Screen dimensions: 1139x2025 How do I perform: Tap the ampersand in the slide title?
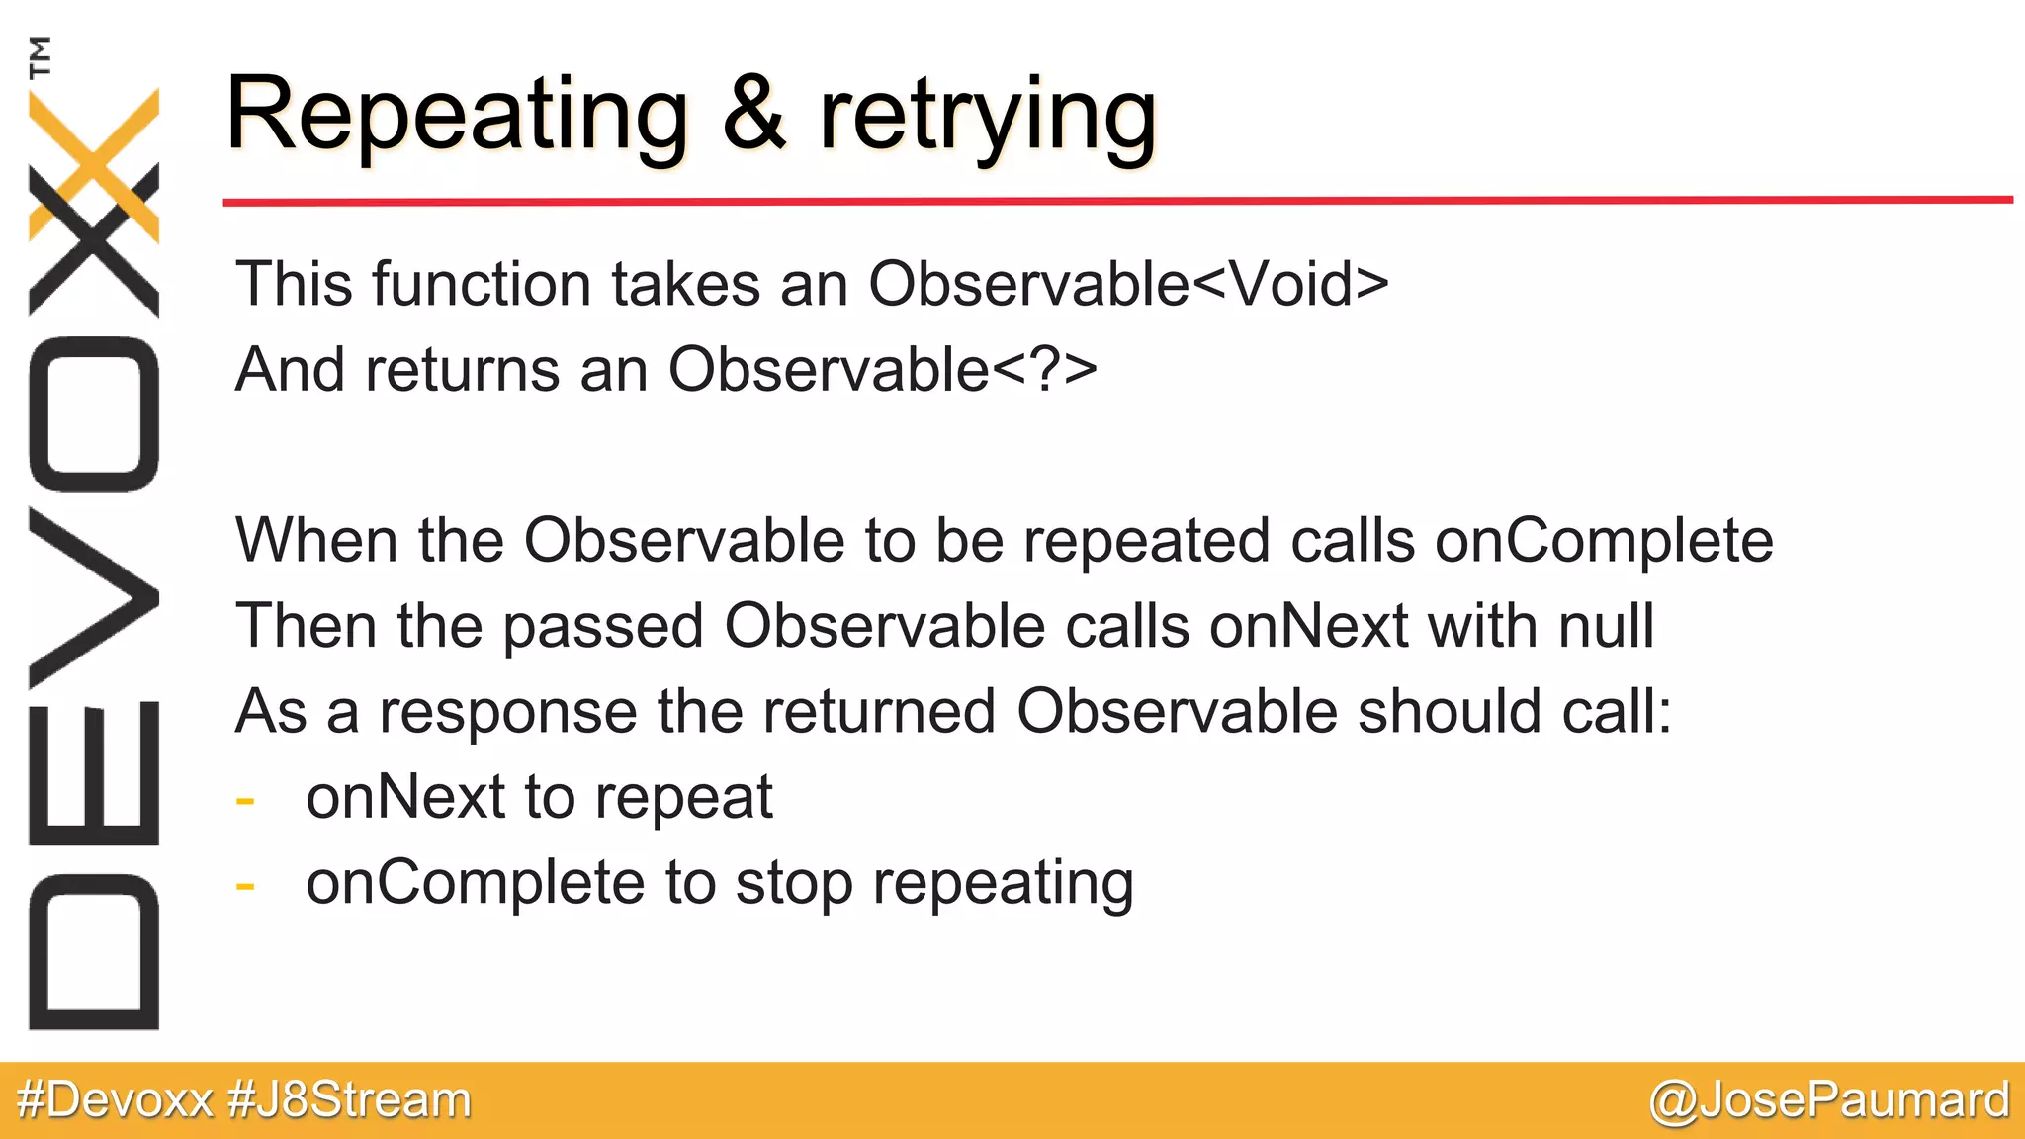[x=753, y=116]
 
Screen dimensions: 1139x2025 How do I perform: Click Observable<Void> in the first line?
[x=1128, y=284]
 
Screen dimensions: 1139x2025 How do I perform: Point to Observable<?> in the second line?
[x=882, y=370]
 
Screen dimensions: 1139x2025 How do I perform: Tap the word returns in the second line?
[x=463, y=370]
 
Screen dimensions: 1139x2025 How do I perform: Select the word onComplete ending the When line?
[x=1603, y=542]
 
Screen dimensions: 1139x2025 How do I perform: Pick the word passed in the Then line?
[x=604, y=628]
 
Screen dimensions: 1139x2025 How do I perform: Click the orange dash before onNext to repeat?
[x=245, y=800]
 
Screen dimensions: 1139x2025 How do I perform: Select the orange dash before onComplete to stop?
[x=245, y=885]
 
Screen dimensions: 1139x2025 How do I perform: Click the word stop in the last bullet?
[x=793, y=884]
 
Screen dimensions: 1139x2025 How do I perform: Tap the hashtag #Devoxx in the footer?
[x=115, y=1100]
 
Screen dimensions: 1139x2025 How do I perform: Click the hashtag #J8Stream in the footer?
[x=349, y=1100]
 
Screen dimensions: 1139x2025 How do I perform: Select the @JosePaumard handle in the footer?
[x=1828, y=1100]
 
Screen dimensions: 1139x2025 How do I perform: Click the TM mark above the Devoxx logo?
[x=41, y=56]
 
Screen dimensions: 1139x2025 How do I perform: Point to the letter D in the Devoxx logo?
[x=94, y=951]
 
